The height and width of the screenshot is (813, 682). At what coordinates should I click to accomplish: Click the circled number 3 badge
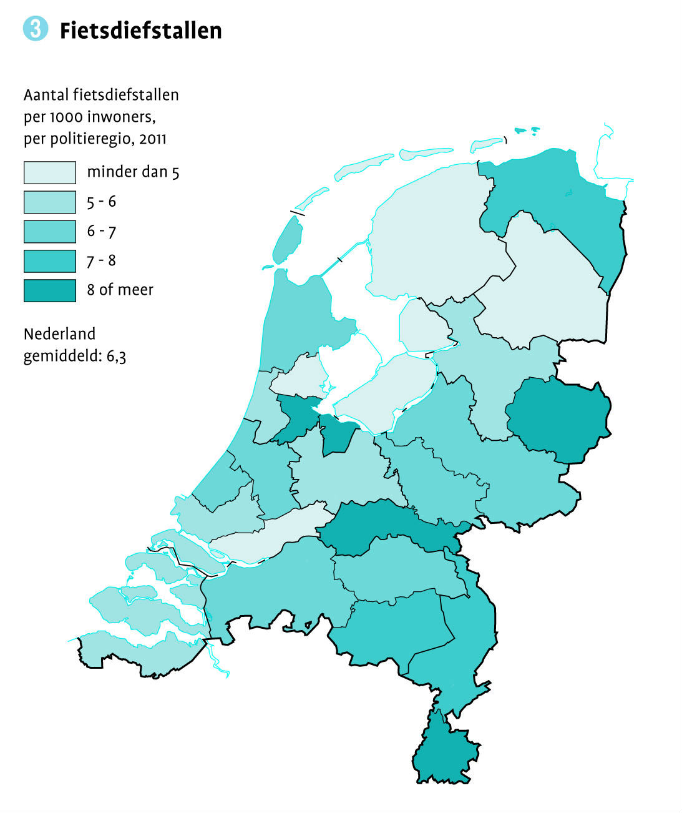point(36,29)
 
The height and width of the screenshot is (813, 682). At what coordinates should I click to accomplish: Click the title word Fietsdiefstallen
point(140,31)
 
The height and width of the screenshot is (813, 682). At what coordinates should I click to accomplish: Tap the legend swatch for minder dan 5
point(50,172)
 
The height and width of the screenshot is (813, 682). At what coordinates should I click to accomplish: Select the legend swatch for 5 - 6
point(50,202)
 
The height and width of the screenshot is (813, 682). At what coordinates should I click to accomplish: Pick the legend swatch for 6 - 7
point(50,231)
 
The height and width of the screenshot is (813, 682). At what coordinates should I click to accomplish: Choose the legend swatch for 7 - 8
point(50,260)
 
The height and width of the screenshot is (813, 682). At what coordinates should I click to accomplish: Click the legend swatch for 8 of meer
point(50,290)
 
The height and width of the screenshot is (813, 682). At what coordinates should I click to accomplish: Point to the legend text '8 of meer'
point(120,290)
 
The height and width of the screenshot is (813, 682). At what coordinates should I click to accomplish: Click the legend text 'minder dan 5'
point(133,172)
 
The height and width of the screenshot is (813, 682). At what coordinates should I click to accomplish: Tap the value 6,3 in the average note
point(116,357)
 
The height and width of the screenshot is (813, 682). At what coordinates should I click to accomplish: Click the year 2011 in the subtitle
point(153,138)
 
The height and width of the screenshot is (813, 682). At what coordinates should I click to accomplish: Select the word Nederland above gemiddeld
point(59,333)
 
